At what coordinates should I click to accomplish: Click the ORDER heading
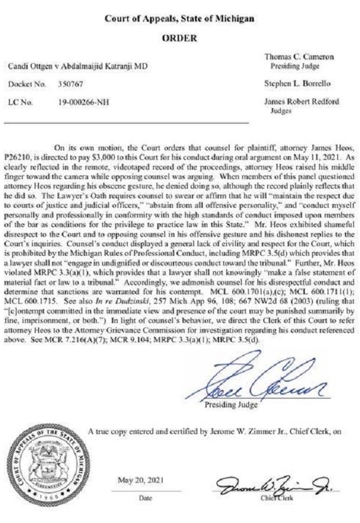click(x=180, y=38)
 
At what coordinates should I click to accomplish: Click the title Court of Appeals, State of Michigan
click(x=180, y=19)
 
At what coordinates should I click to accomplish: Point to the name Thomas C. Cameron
click(x=298, y=56)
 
